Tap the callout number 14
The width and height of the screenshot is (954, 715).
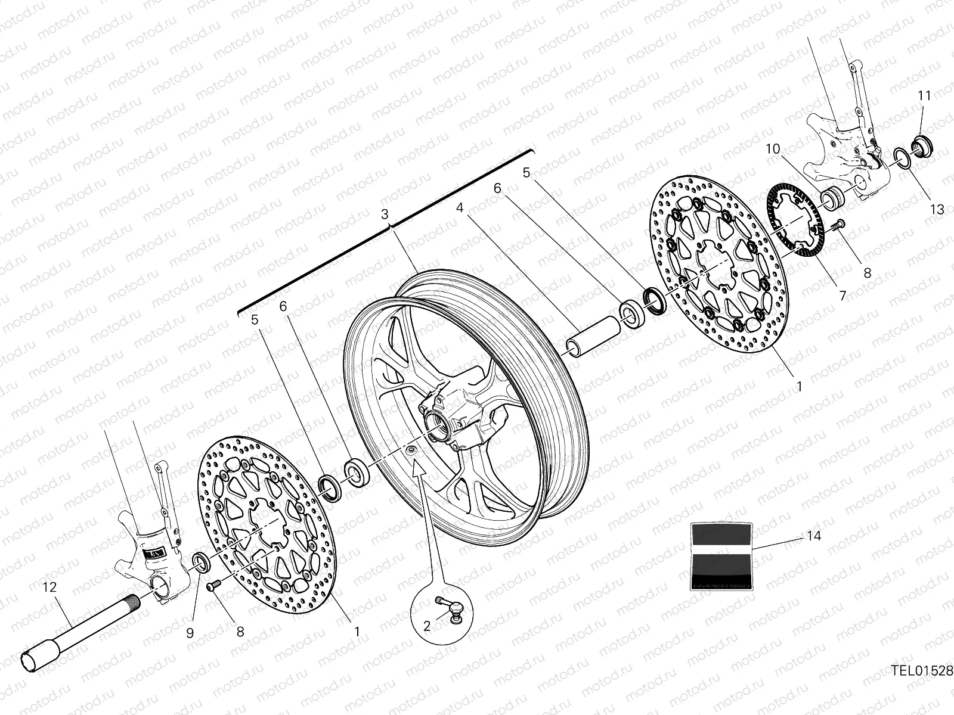[x=814, y=536]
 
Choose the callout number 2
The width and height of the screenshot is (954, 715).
[x=427, y=626]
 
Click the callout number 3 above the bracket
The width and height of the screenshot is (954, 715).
[x=385, y=213]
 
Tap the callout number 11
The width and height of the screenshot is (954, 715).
[x=924, y=95]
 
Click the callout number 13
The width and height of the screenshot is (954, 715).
[x=937, y=209]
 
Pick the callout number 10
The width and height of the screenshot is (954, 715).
[x=773, y=149]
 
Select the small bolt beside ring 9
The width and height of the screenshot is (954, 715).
[x=213, y=586]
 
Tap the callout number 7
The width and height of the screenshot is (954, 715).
[x=843, y=295]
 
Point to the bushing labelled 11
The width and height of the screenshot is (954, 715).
[x=923, y=145]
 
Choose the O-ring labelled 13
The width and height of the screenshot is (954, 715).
[x=902, y=158]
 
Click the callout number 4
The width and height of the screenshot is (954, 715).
[x=460, y=208]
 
